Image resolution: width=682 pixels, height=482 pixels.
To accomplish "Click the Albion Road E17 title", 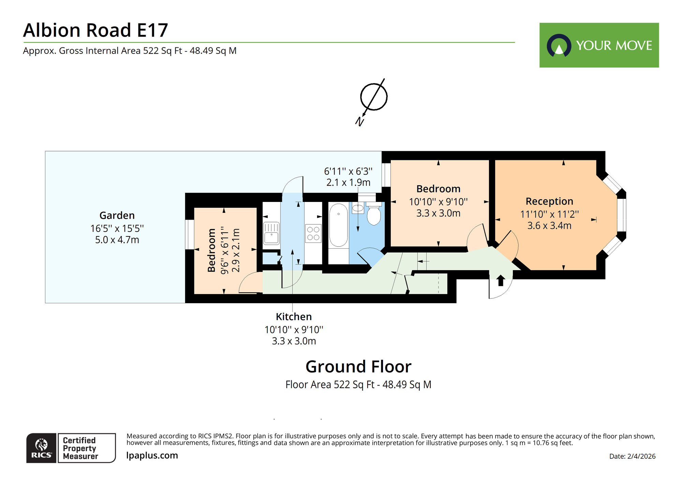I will tap(95, 30).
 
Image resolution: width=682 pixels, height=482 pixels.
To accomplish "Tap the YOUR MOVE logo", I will tap(599, 45).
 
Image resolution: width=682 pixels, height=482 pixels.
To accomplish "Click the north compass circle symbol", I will tap(374, 97).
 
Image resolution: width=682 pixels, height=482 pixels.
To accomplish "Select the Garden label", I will tap(117, 215).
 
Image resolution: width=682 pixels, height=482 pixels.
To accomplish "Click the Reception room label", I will tap(549, 201).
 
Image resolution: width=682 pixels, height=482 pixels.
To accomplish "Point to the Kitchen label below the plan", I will tap(294, 317).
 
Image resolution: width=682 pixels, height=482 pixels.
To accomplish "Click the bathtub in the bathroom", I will tap(338, 225).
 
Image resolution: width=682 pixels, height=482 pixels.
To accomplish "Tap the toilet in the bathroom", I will tap(374, 215).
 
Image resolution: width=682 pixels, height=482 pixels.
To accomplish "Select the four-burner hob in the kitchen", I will tap(313, 233).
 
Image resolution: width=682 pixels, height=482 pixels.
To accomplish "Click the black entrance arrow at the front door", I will tap(501, 280).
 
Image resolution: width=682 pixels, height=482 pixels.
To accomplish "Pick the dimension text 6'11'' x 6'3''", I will tap(348, 171).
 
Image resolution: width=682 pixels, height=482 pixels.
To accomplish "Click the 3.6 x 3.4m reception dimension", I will tap(549, 225).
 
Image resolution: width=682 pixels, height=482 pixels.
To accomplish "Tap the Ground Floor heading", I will tap(358, 367).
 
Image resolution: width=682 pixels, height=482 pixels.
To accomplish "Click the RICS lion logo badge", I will tap(41, 448).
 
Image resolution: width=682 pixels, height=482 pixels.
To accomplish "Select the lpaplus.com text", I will tap(152, 455).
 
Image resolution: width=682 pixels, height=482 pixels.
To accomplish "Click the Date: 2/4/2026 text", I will tap(632, 456).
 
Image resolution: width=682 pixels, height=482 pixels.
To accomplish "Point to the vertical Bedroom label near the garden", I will tap(211, 250).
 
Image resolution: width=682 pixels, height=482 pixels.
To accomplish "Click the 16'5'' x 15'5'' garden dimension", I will tap(117, 228).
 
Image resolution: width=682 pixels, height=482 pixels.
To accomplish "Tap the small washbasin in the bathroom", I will tap(358, 208).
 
